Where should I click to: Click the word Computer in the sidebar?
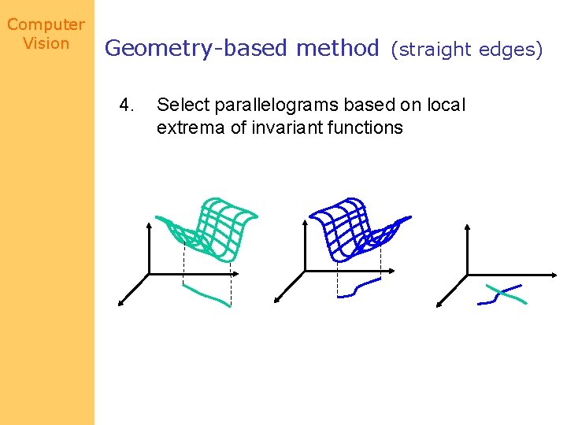click(x=46, y=24)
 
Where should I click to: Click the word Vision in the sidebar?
click(x=46, y=43)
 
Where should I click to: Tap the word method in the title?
click(x=337, y=49)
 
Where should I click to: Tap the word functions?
click(x=365, y=127)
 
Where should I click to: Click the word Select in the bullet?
click(x=180, y=105)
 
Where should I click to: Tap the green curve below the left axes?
click(x=206, y=294)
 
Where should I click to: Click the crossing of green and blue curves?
click(x=498, y=292)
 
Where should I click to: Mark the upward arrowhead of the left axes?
click(x=150, y=225)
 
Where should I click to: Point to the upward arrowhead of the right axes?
click(x=468, y=227)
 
